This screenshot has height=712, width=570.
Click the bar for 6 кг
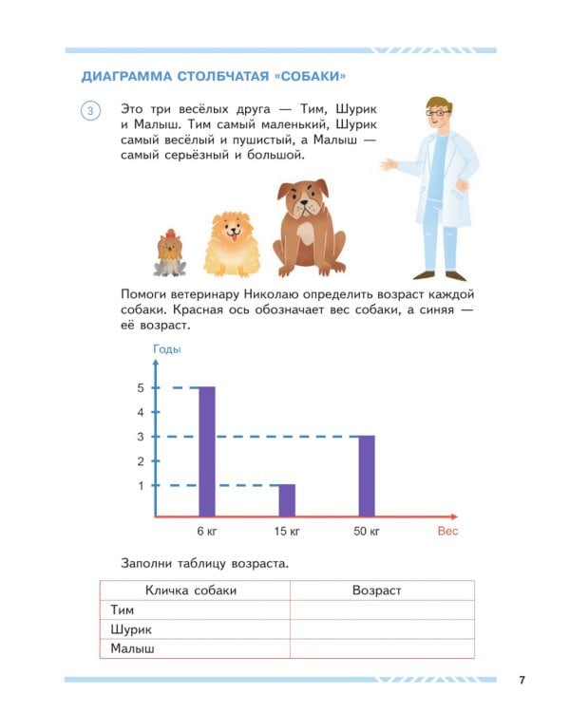click(206, 451)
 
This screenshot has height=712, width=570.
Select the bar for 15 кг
click(287, 500)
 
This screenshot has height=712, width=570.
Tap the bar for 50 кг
click(367, 476)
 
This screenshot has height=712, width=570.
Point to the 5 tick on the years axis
click(140, 387)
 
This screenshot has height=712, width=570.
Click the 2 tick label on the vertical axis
click(140, 461)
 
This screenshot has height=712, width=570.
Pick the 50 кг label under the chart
click(368, 531)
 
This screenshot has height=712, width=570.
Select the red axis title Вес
click(447, 531)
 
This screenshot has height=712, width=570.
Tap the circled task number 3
click(90, 112)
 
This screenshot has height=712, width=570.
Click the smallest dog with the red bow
click(171, 253)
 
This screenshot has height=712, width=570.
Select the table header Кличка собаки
click(196, 590)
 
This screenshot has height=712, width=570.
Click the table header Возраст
click(377, 590)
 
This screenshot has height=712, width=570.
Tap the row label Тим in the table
click(123, 610)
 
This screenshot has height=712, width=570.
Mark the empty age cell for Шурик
click(381, 629)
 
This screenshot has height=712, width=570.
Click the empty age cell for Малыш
click(381, 649)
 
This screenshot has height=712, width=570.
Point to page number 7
click(522, 679)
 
